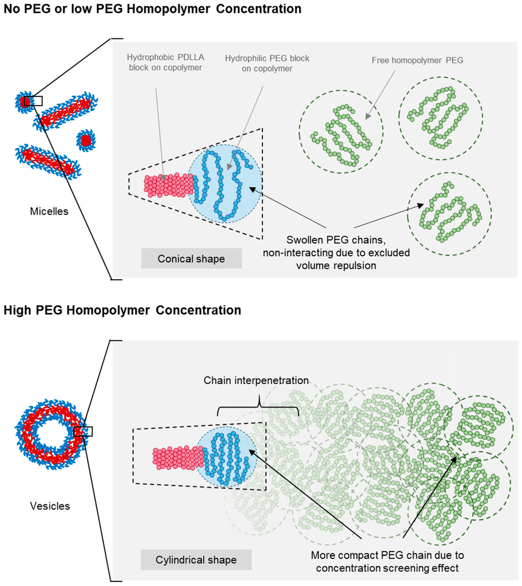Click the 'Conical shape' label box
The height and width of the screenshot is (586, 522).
[191, 259]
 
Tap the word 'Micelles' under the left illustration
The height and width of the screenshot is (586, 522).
[49, 211]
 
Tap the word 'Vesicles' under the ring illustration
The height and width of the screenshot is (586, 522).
[50, 506]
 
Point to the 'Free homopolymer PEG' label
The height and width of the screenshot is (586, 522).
[417, 60]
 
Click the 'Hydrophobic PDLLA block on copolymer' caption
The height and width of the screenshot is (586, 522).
[165, 62]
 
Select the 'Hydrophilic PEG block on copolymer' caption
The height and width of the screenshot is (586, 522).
[267, 63]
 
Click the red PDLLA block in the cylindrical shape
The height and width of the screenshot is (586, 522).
[178, 458]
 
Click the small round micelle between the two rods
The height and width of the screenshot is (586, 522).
[86, 140]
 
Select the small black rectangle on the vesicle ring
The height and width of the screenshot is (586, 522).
[83, 432]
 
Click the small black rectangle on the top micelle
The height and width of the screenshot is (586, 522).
[33, 101]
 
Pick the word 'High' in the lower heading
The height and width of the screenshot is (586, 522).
[17, 310]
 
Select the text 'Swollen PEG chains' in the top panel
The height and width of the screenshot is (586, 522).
[336, 240]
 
